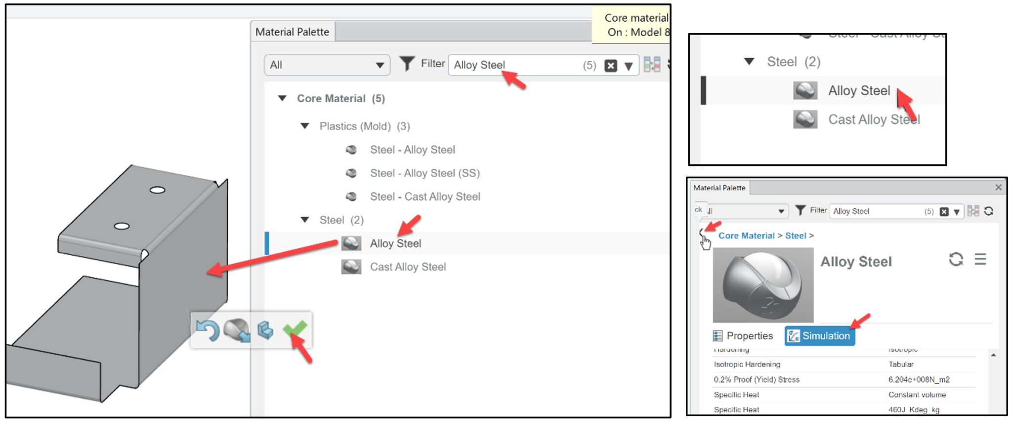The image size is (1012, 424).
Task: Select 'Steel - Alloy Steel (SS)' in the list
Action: click(x=424, y=173)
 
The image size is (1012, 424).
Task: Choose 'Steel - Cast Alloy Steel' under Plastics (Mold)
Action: click(x=424, y=197)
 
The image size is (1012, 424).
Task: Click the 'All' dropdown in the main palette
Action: click(x=327, y=65)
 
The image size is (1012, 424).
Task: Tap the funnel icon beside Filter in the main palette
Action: click(x=407, y=64)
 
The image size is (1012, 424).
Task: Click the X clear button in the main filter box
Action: click(x=611, y=66)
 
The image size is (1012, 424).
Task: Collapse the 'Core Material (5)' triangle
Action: click(x=282, y=98)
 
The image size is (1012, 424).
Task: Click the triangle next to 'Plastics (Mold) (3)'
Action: click(x=305, y=126)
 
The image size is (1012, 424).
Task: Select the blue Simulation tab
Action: click(x=820, y=336)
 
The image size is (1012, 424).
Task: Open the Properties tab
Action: click(x=743, y=336)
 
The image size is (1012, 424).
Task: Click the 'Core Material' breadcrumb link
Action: click(x=746, y=236)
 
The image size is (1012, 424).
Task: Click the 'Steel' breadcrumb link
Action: click(x=795, y=236)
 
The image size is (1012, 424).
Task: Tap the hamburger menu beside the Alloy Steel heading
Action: click(x=980, y=259)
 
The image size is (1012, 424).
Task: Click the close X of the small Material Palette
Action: click(x=998, y=188)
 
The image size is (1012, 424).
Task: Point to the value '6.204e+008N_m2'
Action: click(x=919, y=380)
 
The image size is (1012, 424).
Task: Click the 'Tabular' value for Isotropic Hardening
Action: click(x=901, y=364)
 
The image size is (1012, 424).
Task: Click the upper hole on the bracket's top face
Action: click(x=157, y=190)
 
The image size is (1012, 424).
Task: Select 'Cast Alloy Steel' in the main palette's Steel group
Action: click(x=408, y=267)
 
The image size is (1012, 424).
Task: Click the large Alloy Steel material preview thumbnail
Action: click(x=763, y=285)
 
